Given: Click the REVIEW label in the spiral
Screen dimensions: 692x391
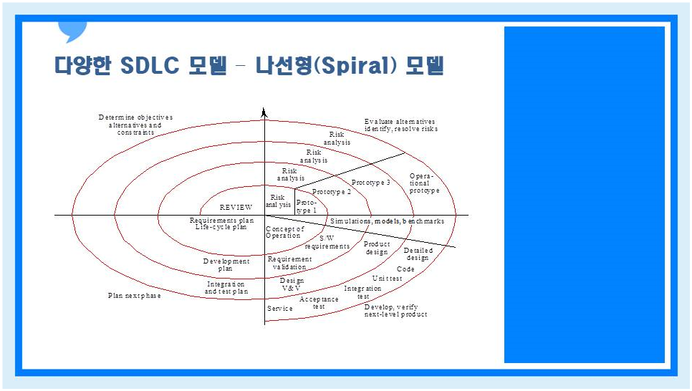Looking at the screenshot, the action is coord(236,207).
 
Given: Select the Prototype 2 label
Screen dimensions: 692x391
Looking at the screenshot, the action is coord(332,192).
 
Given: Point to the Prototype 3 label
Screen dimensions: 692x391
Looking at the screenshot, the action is coord(371,183).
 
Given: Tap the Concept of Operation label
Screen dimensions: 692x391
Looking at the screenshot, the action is coord(284,232).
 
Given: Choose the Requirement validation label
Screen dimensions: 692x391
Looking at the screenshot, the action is coord(289,263).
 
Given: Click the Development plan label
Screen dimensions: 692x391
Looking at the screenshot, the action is coord(226,265).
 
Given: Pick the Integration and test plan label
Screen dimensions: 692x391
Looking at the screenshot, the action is coord(226,288).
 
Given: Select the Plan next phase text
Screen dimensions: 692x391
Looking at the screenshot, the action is coord(134,295).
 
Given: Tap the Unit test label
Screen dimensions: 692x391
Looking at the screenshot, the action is coord(387,278).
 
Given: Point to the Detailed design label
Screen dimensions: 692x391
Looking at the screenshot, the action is coord(418,254).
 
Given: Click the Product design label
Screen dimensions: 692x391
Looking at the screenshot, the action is coord(377,248).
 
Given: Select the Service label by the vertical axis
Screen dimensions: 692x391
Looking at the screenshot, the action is coord(279,309).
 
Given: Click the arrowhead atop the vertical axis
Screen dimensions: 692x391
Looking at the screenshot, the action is coord(264,112).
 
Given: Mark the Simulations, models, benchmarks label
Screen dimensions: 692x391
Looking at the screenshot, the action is coord(387,221).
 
